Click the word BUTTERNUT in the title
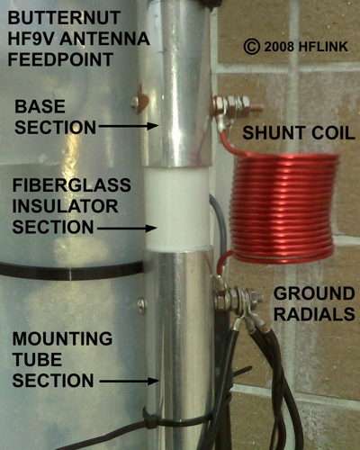(x=64, y=18)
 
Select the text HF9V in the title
(x=31, y=39)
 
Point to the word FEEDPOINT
(x=60, y=59)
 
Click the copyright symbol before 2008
(x=251, y=47)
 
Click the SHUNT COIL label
(x=299, y=133)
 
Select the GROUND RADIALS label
(x=314, y=303)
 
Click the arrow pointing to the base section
(x=129, y=126)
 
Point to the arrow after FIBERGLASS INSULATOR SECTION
(x=127, y=229)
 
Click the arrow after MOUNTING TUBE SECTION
(x=129, y=382)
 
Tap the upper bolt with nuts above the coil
(x=237, y=105)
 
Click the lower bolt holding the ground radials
(x=237, y=299)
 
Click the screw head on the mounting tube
(x=142, y=306)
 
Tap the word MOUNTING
(x=62, y=339)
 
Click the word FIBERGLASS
(x=72, y=185)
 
